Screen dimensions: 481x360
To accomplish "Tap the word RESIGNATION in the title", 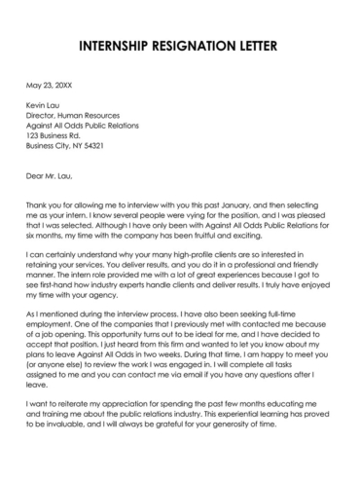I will point(201,46).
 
